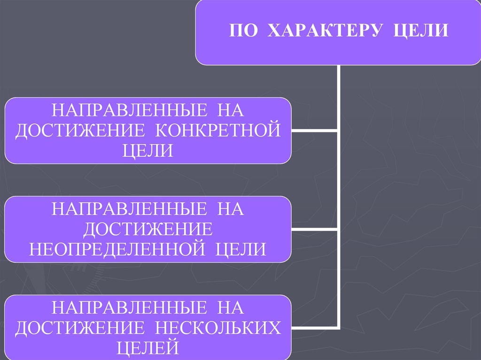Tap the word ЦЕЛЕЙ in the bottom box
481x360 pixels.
(148, 348)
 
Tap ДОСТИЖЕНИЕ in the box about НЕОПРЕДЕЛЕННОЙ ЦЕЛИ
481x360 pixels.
(148, 229)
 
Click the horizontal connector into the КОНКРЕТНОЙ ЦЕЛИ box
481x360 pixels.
(314, 130)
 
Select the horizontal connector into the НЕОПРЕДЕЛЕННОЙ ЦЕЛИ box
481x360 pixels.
(314, 229)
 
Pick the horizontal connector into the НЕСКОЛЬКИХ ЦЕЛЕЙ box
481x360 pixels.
(314, 327)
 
